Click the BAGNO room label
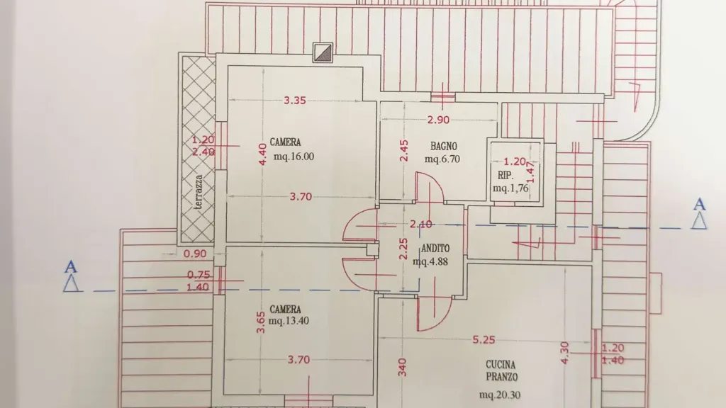[444, 146]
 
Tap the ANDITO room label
[435, 248]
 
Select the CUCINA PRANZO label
[501, 370]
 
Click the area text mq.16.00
[294, 157]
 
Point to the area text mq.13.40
[289, 321]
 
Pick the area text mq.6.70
[442, 159]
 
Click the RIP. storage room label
[506, 176]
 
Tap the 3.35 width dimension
[295, 101]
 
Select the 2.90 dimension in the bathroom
[438, 120]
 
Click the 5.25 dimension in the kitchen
[484, 340]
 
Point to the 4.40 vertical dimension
[262, 154]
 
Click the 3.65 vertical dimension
[261, 322]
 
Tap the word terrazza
[200, 193]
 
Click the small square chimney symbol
[323, 52]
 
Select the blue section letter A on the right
[699, 204]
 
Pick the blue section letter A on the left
[70, 267]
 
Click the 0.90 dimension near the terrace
[195, 254]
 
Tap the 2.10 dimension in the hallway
[421, 225]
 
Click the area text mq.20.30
[500, 395]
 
